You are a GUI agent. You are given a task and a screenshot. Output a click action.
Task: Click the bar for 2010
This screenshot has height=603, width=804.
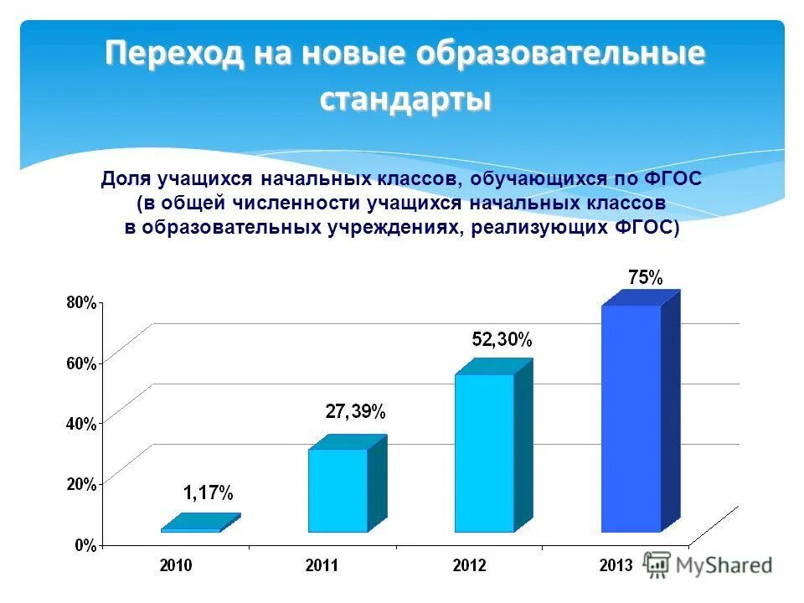coord(191,529)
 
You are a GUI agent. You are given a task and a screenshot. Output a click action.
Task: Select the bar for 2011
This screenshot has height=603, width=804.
coord(338,491)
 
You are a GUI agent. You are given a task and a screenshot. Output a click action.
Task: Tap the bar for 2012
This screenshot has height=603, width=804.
coord(484,453)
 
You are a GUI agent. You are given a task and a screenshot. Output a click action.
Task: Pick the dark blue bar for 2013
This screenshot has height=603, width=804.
coord(631,419)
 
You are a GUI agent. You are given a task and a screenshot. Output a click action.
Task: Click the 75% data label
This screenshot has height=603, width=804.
coord(646,277)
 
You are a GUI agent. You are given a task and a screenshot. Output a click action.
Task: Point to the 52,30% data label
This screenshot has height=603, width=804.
coord(502,340)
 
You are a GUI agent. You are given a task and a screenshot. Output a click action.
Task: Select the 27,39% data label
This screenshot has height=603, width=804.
coord(355,411)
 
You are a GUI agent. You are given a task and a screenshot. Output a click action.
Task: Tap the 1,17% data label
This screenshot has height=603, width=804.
coord(209,493)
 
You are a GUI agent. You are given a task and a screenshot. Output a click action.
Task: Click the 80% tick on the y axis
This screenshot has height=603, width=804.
coord(81,302)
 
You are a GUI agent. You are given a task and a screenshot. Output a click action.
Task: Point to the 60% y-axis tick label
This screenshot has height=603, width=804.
coord(81,363)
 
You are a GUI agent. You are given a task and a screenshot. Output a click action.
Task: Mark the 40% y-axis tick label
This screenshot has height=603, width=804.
coord(81,424)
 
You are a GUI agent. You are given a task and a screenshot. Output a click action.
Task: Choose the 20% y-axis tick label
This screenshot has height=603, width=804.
coord(81,484)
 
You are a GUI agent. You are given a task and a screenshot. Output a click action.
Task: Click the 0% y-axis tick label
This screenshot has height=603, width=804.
coord(85,545)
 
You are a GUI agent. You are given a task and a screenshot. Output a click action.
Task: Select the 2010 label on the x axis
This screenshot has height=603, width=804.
coord(176,566)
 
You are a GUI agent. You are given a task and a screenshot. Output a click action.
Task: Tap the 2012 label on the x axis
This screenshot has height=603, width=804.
coord(469,566)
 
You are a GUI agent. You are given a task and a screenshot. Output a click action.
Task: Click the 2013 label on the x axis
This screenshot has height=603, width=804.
coord(616,566)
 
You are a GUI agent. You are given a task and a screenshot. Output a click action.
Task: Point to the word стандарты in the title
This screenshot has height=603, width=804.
coord(405,100)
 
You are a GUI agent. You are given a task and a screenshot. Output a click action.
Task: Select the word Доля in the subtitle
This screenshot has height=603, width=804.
coord(125,179)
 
